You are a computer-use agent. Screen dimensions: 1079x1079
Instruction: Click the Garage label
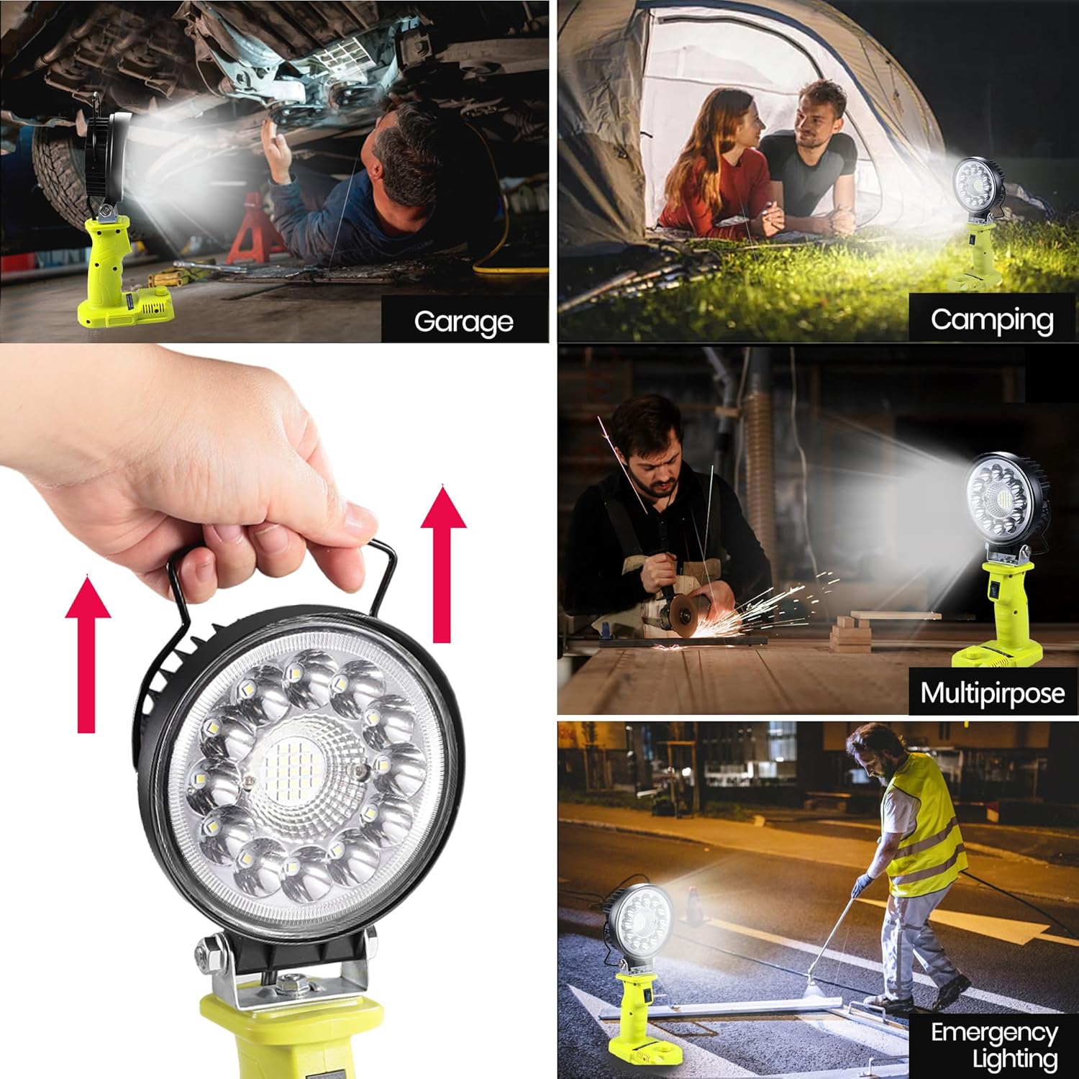click(x=464, y=322)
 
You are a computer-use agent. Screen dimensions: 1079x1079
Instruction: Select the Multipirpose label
click(x=993, y=693)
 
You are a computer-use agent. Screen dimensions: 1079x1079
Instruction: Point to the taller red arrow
click(x=443, y=563)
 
